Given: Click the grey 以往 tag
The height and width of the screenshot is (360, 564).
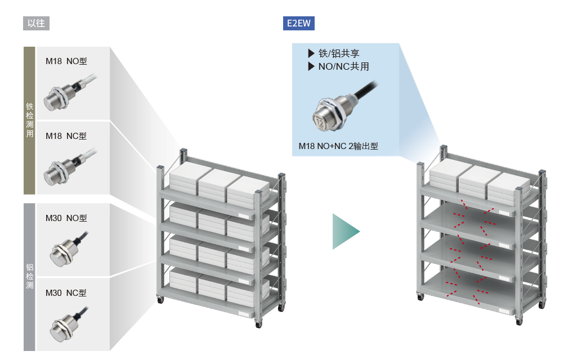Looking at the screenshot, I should coord(37,24).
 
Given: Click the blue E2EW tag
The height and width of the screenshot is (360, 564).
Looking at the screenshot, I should coord(298,24).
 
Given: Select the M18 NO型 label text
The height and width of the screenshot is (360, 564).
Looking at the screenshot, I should coord(66,61).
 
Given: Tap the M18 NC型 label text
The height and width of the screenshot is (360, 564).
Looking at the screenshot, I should coord(66,136).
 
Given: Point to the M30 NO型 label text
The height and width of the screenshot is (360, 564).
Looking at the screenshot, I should coord(66,218).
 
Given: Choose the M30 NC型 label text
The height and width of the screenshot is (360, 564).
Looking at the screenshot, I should coord(66,293).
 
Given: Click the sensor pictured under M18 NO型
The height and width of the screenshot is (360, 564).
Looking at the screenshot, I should coord(59,97).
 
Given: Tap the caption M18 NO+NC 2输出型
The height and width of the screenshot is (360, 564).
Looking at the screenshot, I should coord(338,146).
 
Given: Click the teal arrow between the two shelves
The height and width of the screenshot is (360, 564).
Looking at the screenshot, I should coord(344,231).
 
